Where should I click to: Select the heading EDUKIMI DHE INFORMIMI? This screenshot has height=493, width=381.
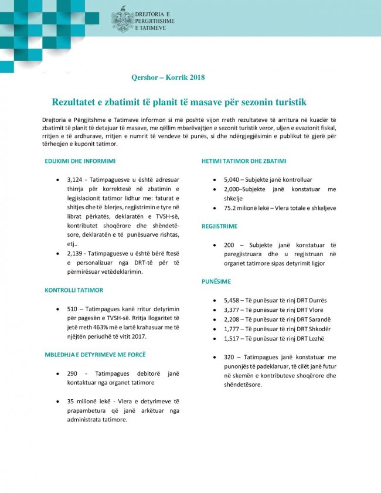click(x=80, y=161)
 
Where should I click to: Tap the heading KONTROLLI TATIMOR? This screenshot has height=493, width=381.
click(x=74, y=290)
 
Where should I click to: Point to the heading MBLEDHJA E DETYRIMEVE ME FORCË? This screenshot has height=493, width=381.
click(x=95, y=355)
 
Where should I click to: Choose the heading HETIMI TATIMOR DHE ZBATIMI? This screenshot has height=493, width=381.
click(x=244, y=161)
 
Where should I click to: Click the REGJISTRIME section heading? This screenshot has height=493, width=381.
click(x=219, y=226)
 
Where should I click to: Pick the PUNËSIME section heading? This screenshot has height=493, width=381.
click(x=216, y=282)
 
